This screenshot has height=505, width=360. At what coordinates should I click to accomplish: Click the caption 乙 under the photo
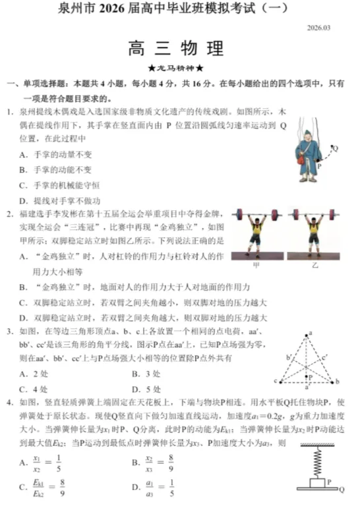pos(315,265)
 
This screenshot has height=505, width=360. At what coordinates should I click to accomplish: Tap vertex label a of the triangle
pos(311,334)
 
